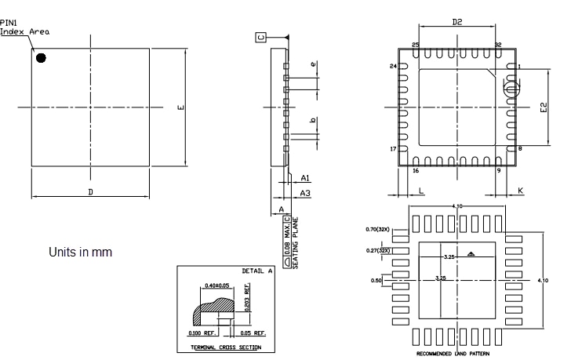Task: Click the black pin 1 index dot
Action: (41, 57)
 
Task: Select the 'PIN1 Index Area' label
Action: (24, 27)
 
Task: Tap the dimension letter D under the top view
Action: (90, 191)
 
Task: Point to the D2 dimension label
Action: (457, 23)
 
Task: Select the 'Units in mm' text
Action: (80, 253)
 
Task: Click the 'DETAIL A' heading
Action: (257, 271)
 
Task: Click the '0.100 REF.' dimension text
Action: (204, 333)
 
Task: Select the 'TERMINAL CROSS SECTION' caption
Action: (226, 347)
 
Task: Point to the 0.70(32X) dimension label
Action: (379, 229)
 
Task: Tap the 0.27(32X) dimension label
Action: (379, 250)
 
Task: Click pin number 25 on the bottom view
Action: (416, 45)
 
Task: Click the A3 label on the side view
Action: (306, 193)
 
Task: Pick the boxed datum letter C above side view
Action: (260, 37)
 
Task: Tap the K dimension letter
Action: (520, 191)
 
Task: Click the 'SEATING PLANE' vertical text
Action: (296, 242)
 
